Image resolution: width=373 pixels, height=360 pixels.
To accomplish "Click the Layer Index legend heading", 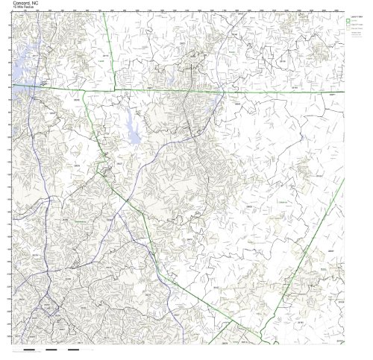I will click(357, 14).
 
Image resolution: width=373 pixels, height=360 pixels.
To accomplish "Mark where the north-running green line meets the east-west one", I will click(113, 89).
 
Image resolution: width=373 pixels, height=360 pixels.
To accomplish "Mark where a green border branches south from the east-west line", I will click(84, 90).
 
